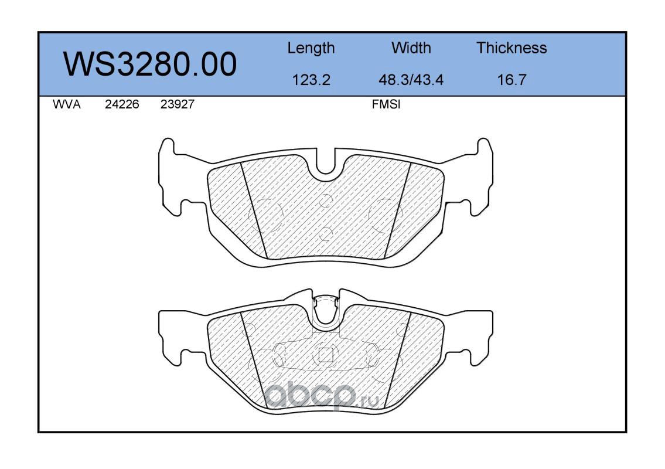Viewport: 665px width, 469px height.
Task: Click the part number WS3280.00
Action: [x=150, y=64]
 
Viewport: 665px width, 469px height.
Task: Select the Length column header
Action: [x=311, y=48]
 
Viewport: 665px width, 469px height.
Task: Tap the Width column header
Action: [x=411, y=47]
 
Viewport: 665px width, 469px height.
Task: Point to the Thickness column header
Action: [x=511, y=47]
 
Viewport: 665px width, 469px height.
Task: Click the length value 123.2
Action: [x=311, y=80]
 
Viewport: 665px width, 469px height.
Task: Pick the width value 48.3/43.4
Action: [x=411, y=80]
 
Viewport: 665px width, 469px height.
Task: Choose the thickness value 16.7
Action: [x=511, y=80]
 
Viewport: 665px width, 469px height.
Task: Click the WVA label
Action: [x=67, y=104]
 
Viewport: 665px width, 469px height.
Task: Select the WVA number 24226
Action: [x=122, y=104]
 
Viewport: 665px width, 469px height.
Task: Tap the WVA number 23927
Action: [x=178, y=104]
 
